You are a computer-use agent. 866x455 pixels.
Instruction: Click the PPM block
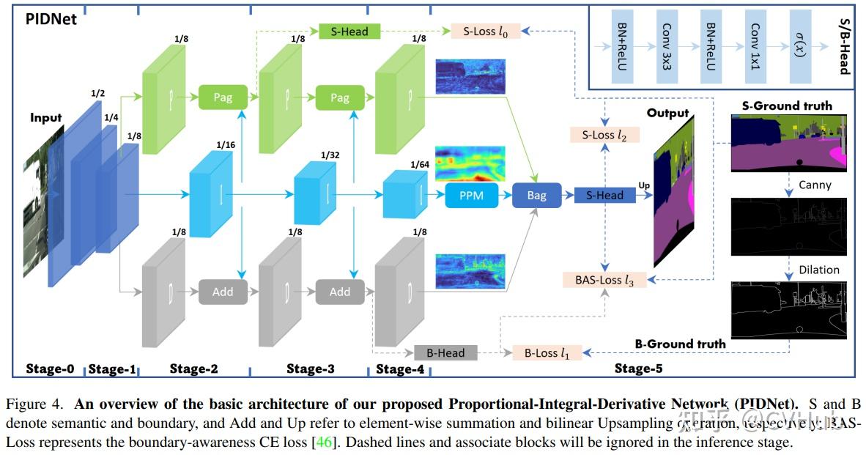[470, 196]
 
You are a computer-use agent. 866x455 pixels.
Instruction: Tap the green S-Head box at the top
[349, 32]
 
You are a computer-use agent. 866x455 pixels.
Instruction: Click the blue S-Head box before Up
[599, 196]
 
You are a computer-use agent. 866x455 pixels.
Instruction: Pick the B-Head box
[445, 352]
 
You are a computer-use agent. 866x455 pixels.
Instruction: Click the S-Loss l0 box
[485, 32]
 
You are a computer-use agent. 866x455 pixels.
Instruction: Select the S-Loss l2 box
[604, 135]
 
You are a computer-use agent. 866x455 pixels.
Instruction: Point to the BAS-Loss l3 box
[604, 280]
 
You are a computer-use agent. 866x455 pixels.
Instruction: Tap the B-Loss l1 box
[547, 352]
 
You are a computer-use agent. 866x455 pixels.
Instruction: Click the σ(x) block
[799, 46]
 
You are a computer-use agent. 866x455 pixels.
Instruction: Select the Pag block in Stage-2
[223, 97]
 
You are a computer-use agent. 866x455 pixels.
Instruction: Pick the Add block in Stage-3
[339, 292]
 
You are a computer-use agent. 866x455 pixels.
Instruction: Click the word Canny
[815, 185]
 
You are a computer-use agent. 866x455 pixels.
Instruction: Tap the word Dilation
[819, 270]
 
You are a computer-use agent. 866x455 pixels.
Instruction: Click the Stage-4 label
[400, 369]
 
